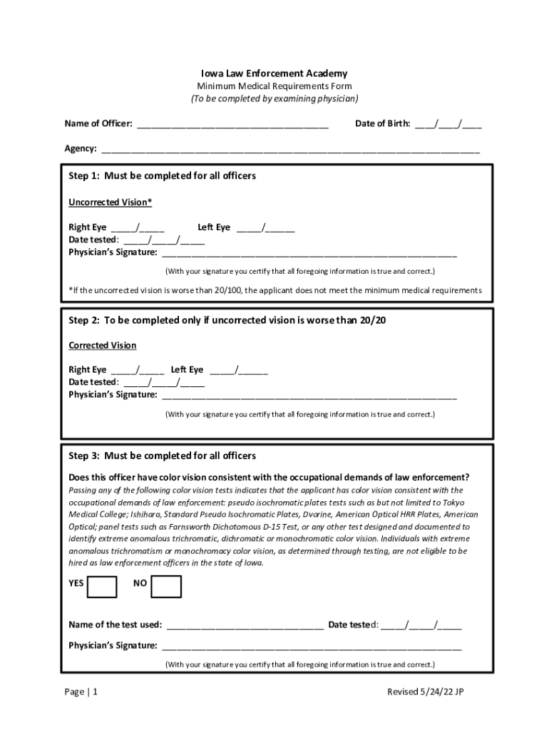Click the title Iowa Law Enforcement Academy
pyautogui.click(x=274, y=73)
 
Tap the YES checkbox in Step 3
pyautogui.click(x=102, y=586)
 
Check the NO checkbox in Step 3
pyautogui.click(x=166, y=586)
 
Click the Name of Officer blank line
pyautogui.click(x=232, y=125)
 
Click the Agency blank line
pyautogui.click(x=290, y=150)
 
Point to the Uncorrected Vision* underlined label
pyautogui.click(x=110, y=202)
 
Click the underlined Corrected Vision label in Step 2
pyautogui.click(x=102, y=346)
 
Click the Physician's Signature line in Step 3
pyautogui.click(x=312, y=647)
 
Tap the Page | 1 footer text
pyautogui.click(x=81, y=692)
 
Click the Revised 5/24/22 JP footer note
pyautogui.click(x=429, y=692)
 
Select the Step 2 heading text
pyautogui.click(x=227, y=321)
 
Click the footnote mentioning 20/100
pyautogui.click(x=275, y=291)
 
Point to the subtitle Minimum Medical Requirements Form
pyautogui.click(x=274, y=86)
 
